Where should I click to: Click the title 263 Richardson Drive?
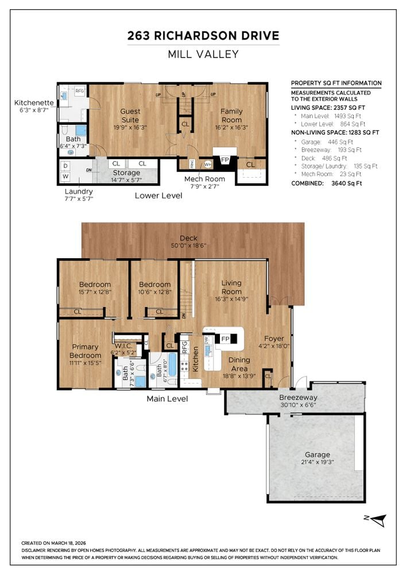coord(203,36)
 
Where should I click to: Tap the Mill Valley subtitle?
coord(203,55)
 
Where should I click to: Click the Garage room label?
coord(317,454)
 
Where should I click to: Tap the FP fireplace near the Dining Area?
coord(225,338)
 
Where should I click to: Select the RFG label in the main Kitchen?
coord(185,347)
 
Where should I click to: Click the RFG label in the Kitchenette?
coord(79,90)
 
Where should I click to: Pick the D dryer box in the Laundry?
coord(65,166)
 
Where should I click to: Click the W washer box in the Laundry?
coord(65,176)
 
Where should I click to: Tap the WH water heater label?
coord(208,164)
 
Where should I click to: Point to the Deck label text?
coord(188,238)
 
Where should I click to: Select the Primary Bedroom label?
coord(85,351)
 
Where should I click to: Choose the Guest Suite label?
coord(130,115)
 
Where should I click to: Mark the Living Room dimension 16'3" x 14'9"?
coord(231,292)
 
